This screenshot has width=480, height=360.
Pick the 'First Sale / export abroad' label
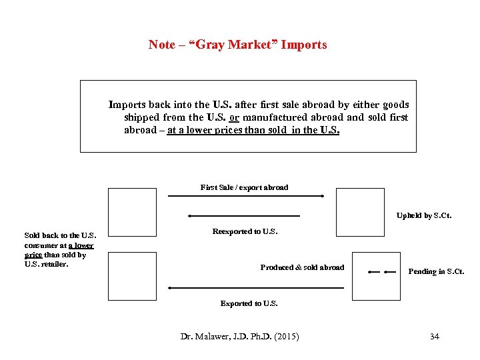(x=244, y=187)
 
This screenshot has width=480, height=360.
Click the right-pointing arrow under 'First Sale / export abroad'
(x=245, y=196)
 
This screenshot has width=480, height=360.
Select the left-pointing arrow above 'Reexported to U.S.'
(x=244, y=216)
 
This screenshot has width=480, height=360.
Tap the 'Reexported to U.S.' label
(x=245, y=231)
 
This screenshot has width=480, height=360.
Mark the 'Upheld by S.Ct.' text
(x=424, y=215)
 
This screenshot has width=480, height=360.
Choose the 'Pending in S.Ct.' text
(x=436, y=271)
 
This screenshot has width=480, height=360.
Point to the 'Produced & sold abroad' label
(x=302, y=267)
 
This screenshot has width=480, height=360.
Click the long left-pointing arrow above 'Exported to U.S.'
(x=255, y=288)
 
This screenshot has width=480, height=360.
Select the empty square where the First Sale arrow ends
(x=360, y=212)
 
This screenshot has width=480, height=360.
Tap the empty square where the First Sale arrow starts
(x=132, y=212)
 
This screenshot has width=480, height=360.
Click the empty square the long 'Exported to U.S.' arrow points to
(x=132, y=276)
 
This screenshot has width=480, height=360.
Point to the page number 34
(x=435, y=336)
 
